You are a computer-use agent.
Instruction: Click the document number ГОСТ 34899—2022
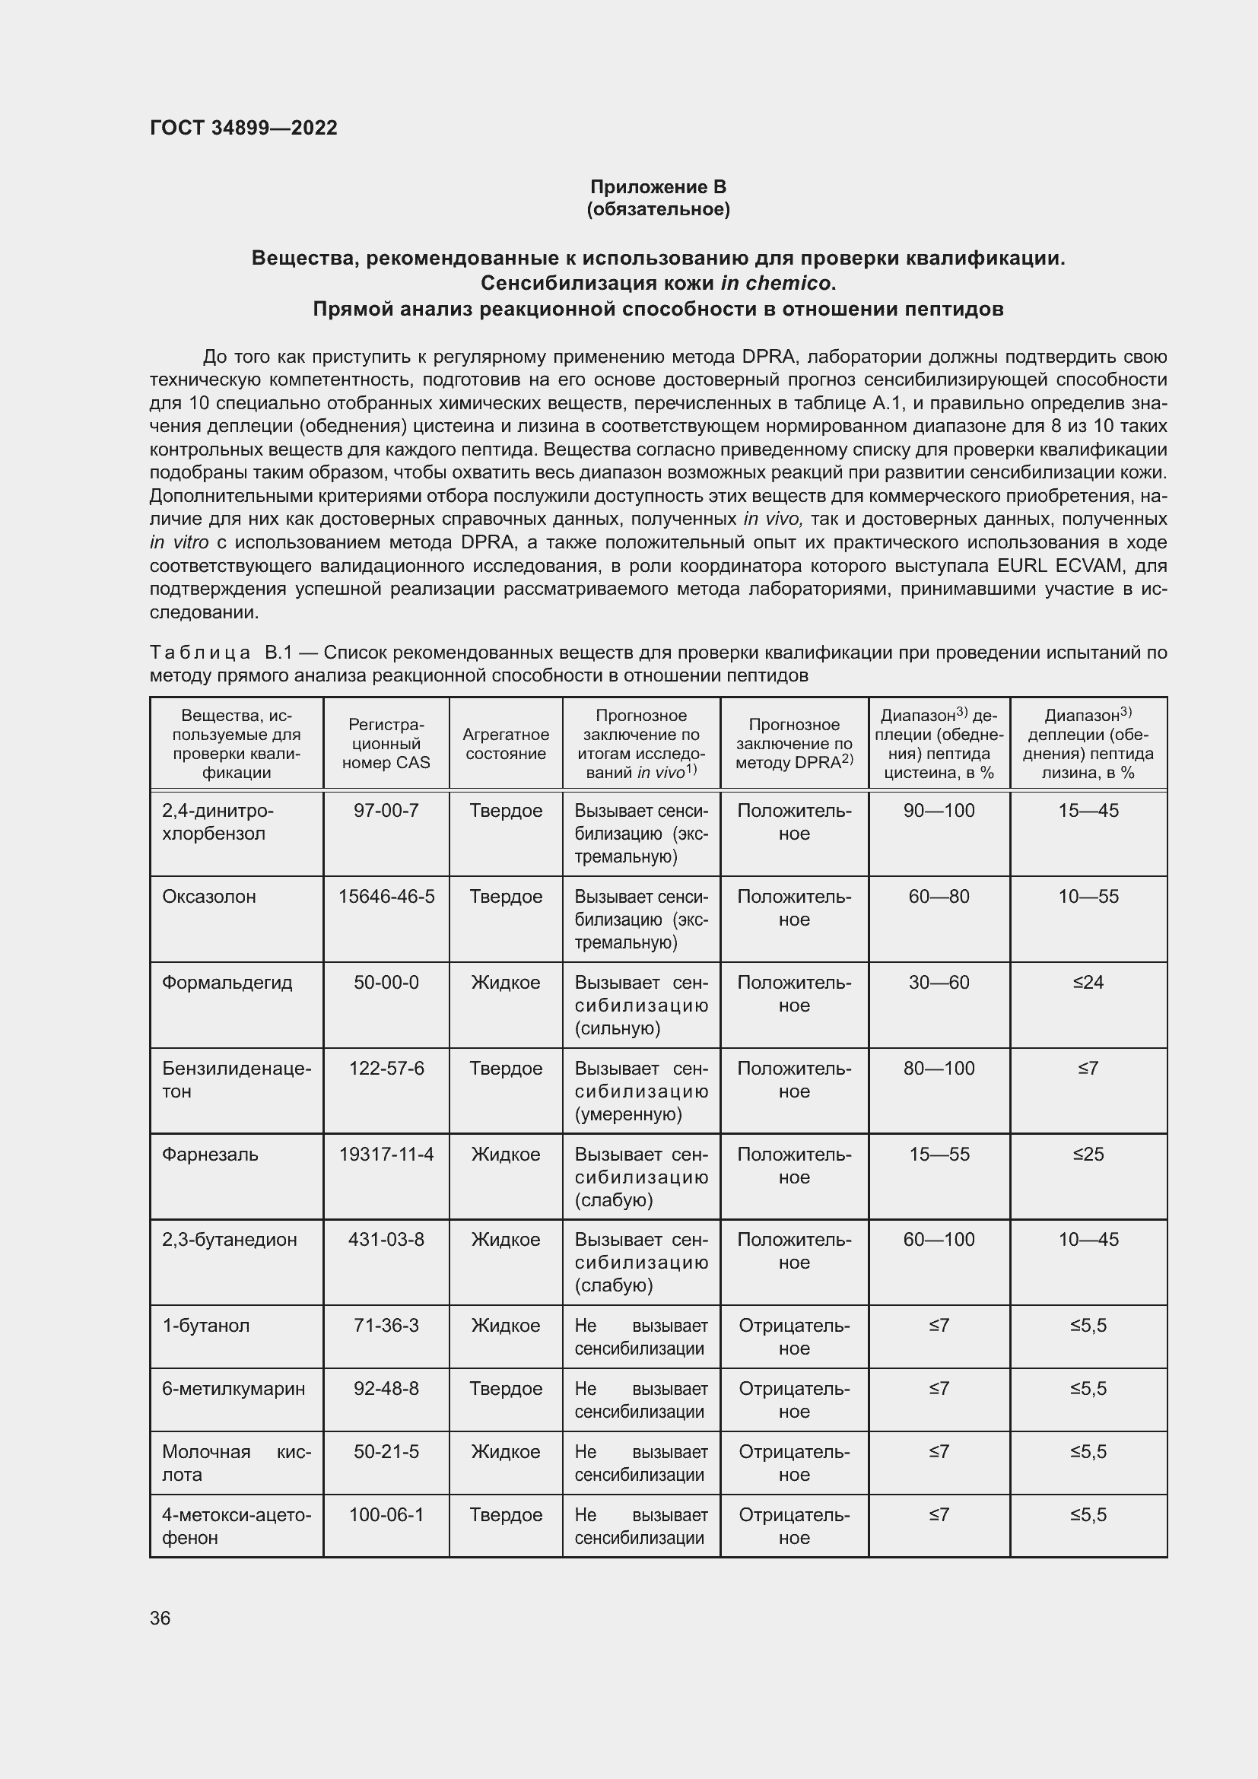[243, 128]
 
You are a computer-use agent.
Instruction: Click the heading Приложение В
[658, 187]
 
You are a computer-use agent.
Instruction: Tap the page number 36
[160, 1618]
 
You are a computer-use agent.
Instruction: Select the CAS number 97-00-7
[386, 811]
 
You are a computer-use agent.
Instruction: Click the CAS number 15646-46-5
[386, 897]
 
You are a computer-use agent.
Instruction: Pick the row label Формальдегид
[227, 983]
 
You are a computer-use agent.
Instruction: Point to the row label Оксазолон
[208, 897]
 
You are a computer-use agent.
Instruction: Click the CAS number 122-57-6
[386, 1069]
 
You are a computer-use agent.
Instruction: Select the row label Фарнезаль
[210, 1155]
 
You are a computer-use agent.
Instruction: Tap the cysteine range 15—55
[939, 1155]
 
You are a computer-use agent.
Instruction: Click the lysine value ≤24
[1088, 983]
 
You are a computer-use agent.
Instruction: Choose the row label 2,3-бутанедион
[229, 1240]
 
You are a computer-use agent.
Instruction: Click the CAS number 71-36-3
[386, 1326]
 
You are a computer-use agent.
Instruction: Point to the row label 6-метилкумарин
[233, 1389]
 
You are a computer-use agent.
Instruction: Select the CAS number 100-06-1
[386, 1515]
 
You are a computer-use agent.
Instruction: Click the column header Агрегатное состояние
[505, 744]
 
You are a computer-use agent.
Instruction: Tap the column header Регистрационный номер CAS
[386, 744]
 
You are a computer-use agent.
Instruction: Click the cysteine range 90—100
[939, 811]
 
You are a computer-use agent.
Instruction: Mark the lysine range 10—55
[1088, 897]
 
